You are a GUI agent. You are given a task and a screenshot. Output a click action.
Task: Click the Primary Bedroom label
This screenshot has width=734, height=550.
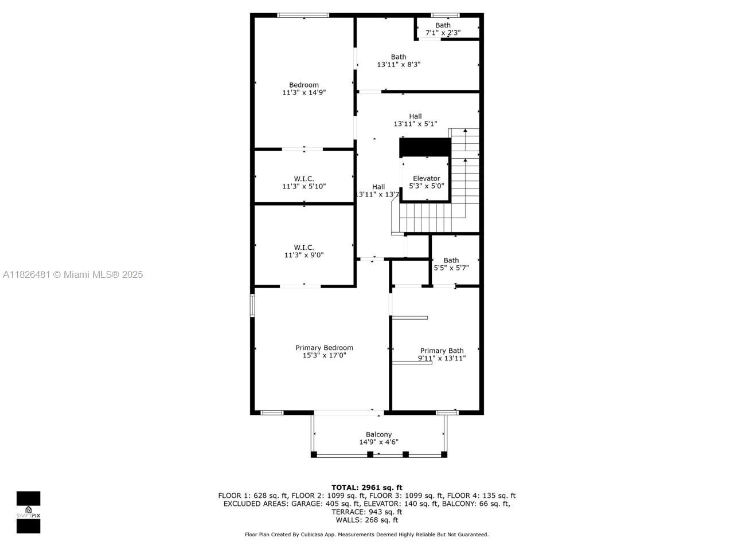(x=324, y=348)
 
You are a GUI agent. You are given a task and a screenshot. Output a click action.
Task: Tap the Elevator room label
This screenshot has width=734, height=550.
(x=426, y=178)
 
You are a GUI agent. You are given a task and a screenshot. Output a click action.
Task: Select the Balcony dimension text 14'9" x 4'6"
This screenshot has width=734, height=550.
(x=378, y=442)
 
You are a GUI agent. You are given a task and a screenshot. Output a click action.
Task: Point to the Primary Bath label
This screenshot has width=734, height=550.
(x=442, y=351)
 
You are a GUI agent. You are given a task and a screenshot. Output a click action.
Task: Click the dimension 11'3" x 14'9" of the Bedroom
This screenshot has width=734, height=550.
(x=304, y=92)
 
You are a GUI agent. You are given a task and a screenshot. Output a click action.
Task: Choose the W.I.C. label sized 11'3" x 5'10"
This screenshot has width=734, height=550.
(x=304, y=179)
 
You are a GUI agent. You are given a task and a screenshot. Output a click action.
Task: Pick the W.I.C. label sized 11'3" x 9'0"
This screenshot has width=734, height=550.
(x=304, y=247)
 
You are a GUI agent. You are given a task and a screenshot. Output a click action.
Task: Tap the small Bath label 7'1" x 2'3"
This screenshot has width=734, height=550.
(x=443, y=25)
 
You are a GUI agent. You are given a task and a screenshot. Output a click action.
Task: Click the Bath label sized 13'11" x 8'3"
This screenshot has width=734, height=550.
(x=399, y=57)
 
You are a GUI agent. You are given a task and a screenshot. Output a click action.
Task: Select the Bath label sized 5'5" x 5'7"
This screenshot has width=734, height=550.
(x=451, y=260)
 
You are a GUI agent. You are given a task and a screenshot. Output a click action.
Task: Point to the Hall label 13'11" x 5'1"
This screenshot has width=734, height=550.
(x=415, y=116)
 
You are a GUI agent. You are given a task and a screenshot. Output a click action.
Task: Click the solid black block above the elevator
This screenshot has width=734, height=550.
(x=425, y=147)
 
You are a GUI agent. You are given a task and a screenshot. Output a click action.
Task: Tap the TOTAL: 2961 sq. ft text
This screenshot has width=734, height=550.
(x=367, y=488)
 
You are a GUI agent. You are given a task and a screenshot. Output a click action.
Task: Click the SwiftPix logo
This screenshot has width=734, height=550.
(x=28, y=512)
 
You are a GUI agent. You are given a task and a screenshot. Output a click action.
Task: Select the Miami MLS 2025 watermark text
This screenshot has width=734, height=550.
(x=73, y=274)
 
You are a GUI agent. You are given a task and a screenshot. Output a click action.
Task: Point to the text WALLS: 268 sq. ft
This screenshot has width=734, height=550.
(x=367, y=520)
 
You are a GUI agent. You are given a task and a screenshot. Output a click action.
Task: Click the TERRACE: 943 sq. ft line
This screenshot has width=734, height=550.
(x=367, y=512)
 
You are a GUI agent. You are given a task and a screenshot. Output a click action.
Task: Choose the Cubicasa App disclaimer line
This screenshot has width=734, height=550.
(x=367, y=535)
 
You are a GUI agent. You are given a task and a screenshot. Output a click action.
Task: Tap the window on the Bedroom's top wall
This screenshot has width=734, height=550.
(x=303, y=15)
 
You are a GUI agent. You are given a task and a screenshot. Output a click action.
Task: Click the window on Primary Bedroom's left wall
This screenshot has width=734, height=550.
(x=252, y=305)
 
